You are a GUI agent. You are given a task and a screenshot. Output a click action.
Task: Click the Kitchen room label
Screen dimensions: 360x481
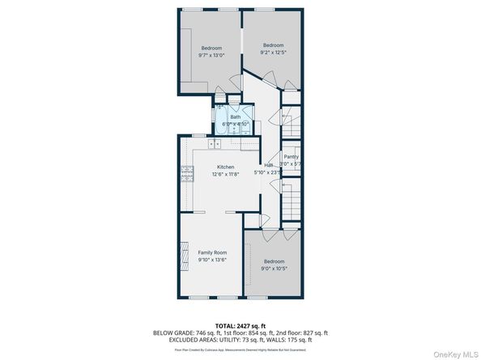coord(225,167)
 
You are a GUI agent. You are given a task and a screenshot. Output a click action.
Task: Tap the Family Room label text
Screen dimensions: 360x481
coord(212,253)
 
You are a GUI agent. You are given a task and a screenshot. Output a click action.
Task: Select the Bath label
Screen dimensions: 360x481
coord(235,117)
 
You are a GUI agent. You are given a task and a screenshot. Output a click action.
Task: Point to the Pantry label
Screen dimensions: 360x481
coord(292,157)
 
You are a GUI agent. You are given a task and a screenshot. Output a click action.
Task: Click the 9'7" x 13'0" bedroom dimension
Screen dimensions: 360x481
coord(211,55)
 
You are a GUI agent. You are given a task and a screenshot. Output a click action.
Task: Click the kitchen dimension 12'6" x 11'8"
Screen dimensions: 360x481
coord(225,173)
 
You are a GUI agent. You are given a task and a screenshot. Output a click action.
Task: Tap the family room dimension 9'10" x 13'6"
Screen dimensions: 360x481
coord(212,260)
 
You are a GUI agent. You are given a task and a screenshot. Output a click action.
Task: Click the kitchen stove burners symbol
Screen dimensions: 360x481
coord(186,172)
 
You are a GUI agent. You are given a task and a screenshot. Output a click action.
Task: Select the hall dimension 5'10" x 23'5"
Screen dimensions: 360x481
coord(267,172)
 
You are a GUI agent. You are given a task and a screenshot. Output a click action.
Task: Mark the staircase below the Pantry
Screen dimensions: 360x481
coord(292,197)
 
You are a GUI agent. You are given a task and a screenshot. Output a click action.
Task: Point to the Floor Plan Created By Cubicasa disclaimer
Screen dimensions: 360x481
coord(240,349)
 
